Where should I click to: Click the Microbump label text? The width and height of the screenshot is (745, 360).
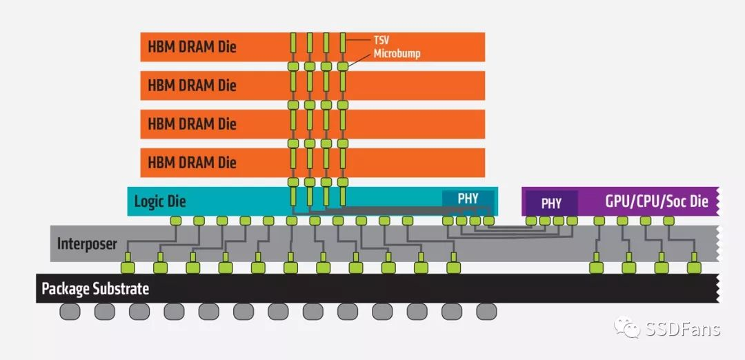click(397, 53)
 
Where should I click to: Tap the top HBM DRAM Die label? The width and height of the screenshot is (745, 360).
click(192, 48)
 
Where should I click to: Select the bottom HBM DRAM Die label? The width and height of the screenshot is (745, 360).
click(192, 163)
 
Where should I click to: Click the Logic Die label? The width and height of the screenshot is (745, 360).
click(160, 201)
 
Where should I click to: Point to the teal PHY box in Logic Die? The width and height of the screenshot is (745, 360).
click(468, 199)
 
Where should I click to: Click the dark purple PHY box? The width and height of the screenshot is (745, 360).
click(551, 203)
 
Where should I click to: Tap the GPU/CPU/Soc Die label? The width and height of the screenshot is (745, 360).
click(657, 201)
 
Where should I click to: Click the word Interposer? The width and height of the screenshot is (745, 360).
click(87, 243)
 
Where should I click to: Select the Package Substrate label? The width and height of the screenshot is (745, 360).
click(95, 288)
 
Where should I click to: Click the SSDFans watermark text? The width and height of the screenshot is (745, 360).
click(683, 329)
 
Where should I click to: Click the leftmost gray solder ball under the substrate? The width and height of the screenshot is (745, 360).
click(70, 312)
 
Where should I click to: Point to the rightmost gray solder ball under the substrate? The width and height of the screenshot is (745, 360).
click(486, 312)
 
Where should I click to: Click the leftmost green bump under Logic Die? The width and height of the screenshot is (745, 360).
click(176, 221)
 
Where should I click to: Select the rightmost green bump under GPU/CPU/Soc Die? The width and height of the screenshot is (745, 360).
click(668, 221)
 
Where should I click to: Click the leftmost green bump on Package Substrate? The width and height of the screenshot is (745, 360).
click(128, 266)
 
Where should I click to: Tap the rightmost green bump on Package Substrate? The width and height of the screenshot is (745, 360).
click(694, 266)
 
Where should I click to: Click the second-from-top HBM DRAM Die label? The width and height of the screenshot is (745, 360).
click(192, 86)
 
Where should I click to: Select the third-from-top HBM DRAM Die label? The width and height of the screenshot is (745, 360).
click(192, 124)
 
